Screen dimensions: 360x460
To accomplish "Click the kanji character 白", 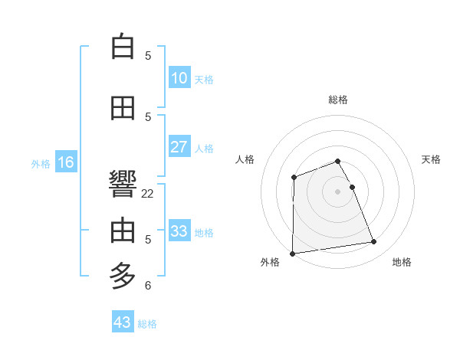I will (x=123, y=47).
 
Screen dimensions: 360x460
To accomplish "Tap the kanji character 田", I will (x=123, y=108).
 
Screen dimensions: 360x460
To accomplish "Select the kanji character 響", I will (x=123, y=184).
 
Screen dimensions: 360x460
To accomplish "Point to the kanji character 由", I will (x=123, y=230).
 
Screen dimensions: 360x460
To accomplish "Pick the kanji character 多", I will (x=123, y=274).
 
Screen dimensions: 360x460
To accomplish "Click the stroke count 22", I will (x=148, y=194).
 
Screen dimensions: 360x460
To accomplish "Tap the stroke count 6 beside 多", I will (x=148, y=286).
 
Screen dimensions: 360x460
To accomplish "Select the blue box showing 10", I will (x=179, y=78).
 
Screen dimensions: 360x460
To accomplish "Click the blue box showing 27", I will (x=179, y=147).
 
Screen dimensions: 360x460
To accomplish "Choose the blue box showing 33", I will (x=179, y=231).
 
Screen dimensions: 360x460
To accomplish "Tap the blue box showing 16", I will (x=66, y=162).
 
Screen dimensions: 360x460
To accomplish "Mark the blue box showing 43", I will (x=123, y=322).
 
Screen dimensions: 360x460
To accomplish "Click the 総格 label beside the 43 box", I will (x=148, y=324).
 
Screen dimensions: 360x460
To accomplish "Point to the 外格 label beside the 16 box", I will (x=41, y=163).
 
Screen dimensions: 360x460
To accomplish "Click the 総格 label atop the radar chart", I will (x=338, y=100).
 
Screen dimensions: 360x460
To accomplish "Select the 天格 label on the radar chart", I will (x=431, y=159).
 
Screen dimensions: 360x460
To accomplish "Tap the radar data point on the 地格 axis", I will (x=374, y=242).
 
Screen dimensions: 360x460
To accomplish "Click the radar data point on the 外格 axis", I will (x=292, y=253).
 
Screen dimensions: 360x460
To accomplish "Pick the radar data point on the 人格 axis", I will (x=294, y=178).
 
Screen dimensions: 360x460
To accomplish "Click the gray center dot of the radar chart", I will (x=338, y=191).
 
